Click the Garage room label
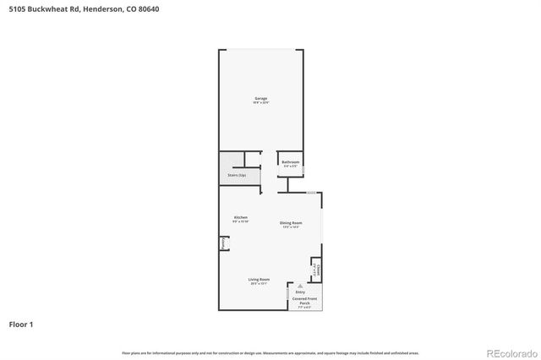tap(260, 99)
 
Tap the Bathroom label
tap(291, 161)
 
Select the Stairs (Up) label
tap(237, 175)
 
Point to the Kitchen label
tap(241, 217)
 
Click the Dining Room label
tap(291, 222)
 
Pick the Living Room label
tap(259, 280)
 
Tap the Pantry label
tap(223, 243)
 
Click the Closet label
tap(316, 269)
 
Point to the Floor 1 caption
tap(21, 324)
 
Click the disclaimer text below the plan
tap(270, 352)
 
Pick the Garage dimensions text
tap(260, 103)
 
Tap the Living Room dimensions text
tap(259, 284)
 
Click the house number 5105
tap(17, 9)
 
